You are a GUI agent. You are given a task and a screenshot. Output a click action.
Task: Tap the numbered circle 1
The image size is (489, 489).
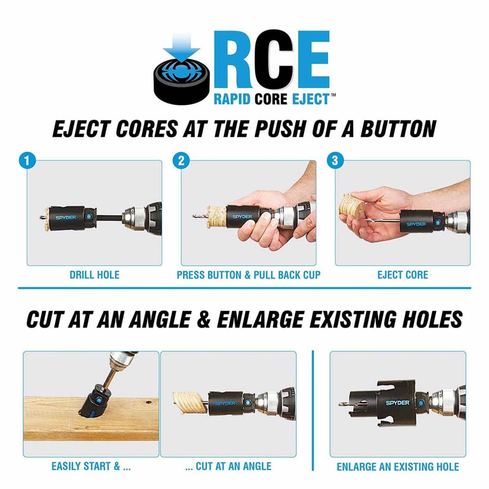(x=27, y=161)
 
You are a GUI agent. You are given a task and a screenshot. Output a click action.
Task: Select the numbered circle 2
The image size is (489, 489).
(x=181, y=161)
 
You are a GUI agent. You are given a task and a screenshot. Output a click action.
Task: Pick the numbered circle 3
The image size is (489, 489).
(x=335, y=161)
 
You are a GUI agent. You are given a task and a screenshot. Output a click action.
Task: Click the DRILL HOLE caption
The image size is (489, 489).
(x=94, y=275)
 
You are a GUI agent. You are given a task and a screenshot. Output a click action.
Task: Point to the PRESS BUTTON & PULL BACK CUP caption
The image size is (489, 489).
(x=249, y=275)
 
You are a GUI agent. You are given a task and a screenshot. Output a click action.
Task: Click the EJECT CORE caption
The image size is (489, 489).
(x=402, y=275)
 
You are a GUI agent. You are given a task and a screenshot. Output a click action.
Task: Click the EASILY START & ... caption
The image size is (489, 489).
(x=91, y=466)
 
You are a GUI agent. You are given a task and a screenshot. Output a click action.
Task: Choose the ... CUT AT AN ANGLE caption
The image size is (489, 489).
(x=228, y=466)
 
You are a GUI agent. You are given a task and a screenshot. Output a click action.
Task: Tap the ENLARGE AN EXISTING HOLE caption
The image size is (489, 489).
(x=398, y=467)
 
